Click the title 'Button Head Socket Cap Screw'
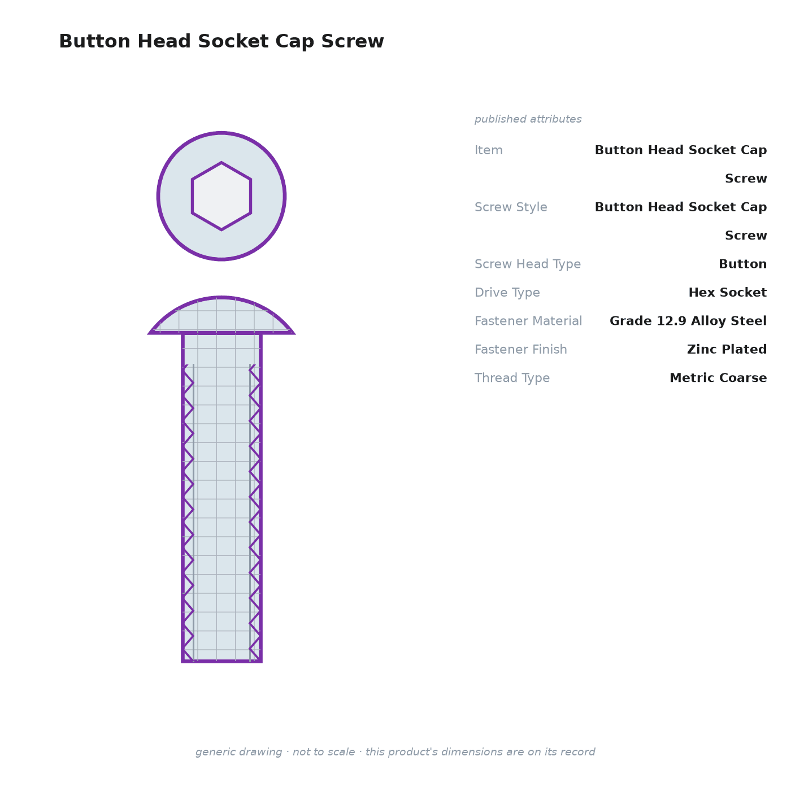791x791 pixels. click(x=221, y=41)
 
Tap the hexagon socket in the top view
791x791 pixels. click(x=221, y=196)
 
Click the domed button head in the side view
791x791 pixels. click(x=221, y=316)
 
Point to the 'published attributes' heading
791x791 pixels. click(x=528, y=119)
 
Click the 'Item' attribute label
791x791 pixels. click(x=489, y=150)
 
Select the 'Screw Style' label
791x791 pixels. click(x=511, y=207)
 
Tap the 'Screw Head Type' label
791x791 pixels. click(x=528, y=264)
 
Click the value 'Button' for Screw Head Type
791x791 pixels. click(x=742, y=264)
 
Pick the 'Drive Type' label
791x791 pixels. click(x=507, y=292)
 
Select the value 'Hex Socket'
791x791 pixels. click(x=727, y=292)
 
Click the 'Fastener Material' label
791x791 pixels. click(x=528, y=321)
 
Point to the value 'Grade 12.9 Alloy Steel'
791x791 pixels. click(x=688, y=321)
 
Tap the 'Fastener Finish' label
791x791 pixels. click(x=520, y=349)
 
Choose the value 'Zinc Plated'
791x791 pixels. click(x=727, y=349)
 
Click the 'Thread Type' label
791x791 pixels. click(x=512, y=377)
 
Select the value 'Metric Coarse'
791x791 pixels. click(x=718, y=377)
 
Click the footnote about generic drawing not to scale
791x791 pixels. click(x=395, y=751)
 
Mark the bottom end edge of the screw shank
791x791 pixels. click(x=221, y=661)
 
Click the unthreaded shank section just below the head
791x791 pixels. click(x=221, y=349)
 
